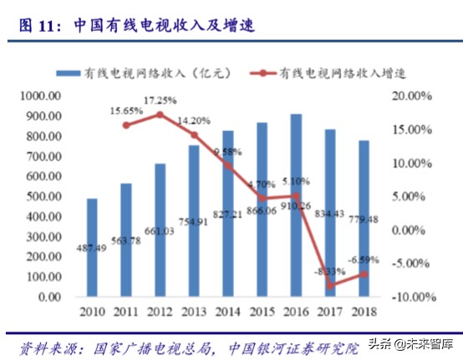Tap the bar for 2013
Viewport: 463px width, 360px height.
(194, 221)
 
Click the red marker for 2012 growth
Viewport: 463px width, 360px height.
(160, 114)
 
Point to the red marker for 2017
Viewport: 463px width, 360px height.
(331, 286)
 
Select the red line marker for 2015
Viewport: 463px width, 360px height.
(262, 199)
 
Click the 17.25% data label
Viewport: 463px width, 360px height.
(160, 100)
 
